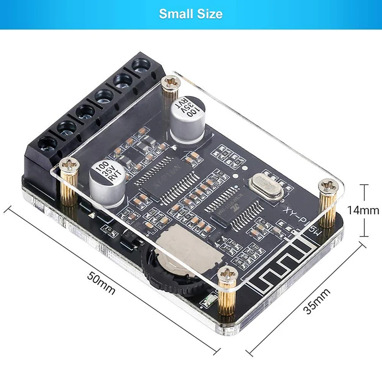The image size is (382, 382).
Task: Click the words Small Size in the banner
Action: pos(191,14)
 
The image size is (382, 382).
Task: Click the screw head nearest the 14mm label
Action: pos(328,185)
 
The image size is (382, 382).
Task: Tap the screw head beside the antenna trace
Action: pos(228,274)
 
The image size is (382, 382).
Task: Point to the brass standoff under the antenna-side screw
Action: pos(228,298)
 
